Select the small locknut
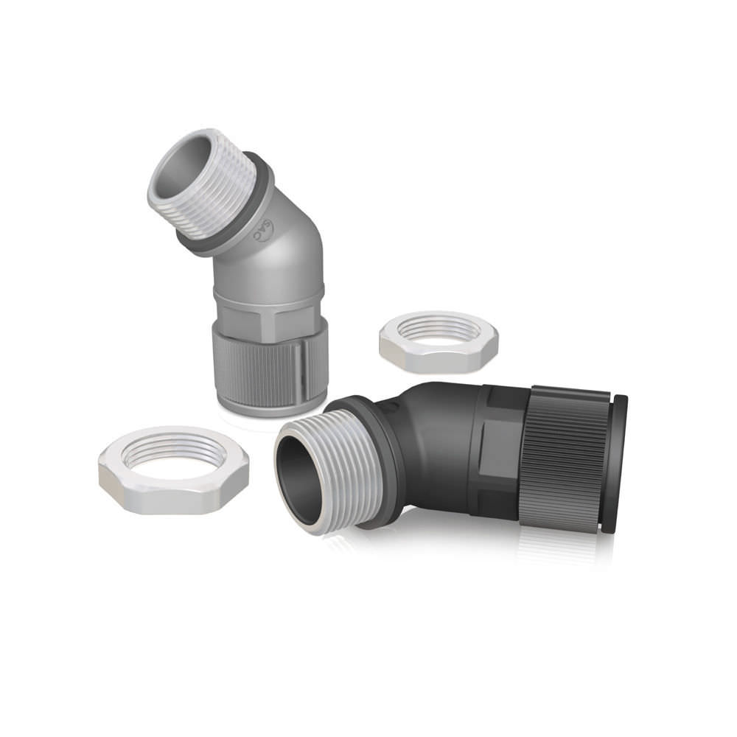pyautogui.click(x=439, y=342)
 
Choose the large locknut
pyautogui.click(x=174, y=472)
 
